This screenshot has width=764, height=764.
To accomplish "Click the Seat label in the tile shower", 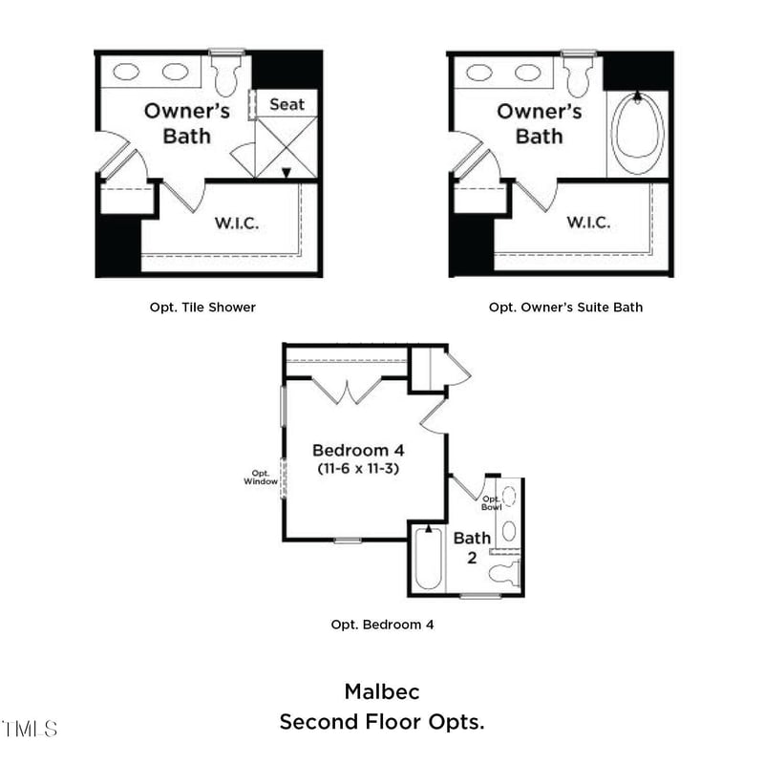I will [x=286, y=104].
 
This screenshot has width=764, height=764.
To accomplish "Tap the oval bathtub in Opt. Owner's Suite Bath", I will [x=637, y=134].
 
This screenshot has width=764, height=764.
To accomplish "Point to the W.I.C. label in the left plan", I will [x=236, y=223].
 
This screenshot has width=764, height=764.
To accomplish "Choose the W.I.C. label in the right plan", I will [x=588, y=223].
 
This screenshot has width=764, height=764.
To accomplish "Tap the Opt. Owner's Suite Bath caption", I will [x=565, y=308].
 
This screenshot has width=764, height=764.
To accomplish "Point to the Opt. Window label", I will [x=262, y=477].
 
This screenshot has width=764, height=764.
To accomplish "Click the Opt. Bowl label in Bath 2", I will [x=491, y=502].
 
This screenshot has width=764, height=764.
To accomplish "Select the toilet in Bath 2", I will [x=502, y=573].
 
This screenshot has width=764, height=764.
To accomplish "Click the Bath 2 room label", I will [x=472, y=547].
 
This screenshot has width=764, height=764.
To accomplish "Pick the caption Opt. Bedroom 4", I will [x=382, y=625].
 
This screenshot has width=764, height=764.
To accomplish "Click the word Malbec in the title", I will [x=382, y=691].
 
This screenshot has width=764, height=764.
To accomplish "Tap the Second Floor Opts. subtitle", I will [x=382, y=722].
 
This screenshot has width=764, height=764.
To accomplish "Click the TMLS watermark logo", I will [x=29, y=730].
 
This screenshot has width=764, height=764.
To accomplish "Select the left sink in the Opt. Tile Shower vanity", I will [x=125, y=72].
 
